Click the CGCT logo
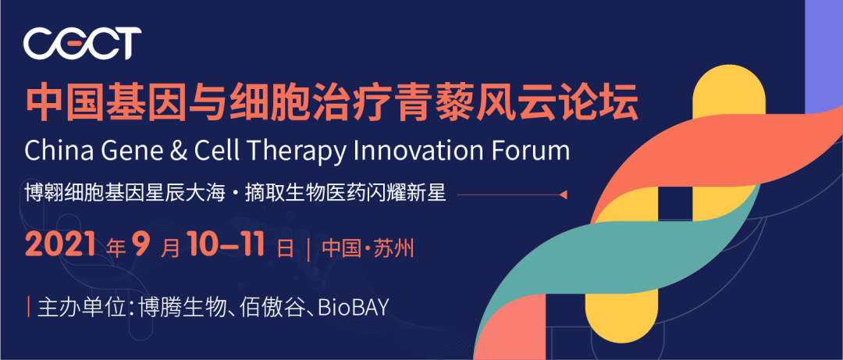click(82, 44)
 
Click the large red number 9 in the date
click(140, 245)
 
